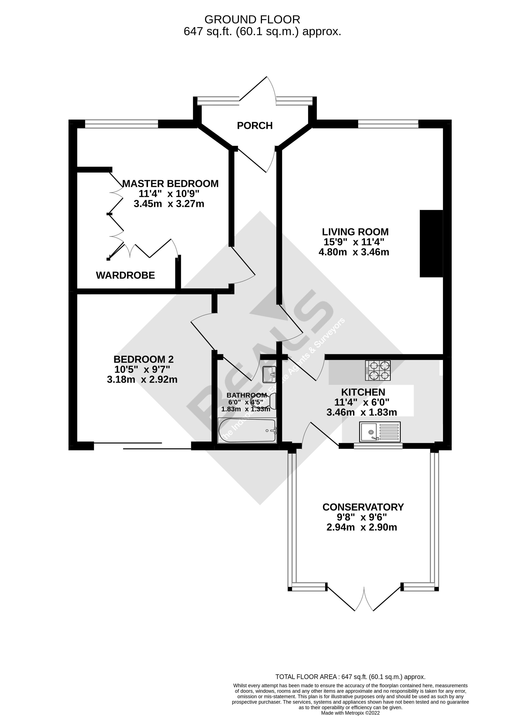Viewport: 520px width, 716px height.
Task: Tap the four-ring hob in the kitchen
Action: coord(378,370)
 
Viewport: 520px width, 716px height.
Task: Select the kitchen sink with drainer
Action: coord(380,432)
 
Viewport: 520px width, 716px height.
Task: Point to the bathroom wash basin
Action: coord(269,374)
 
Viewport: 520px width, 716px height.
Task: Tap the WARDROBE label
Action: coord(125,275)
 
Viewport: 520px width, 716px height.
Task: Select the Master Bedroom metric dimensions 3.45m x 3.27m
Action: coord(169,204)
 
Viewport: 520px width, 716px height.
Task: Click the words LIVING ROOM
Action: coord(355,232)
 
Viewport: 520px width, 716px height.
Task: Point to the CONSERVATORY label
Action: coord(363,507)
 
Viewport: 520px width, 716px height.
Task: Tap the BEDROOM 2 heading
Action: coord(143,359)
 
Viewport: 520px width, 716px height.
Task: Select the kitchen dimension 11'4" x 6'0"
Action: coord(362,402)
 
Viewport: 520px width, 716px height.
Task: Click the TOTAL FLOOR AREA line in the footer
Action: coord(350,676)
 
